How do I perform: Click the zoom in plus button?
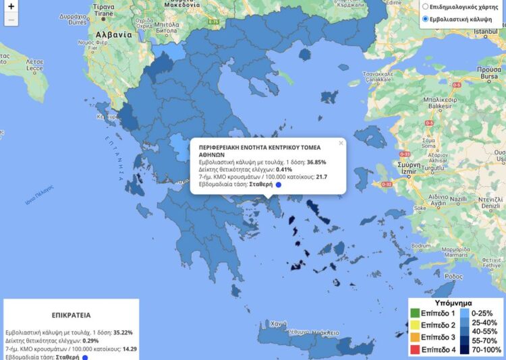[11, 7]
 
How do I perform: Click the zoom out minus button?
[11, 20]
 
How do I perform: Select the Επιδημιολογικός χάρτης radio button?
[424, 7]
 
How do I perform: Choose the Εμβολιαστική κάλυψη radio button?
[424, 20]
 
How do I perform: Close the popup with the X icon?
[341, 143]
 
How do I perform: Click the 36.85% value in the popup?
[316, 162]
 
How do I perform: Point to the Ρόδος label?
[455, 276]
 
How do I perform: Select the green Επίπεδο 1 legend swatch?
[414, 313]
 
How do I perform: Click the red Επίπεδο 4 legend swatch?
[414, 349]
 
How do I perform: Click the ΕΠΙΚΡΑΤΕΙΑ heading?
[71, 314]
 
